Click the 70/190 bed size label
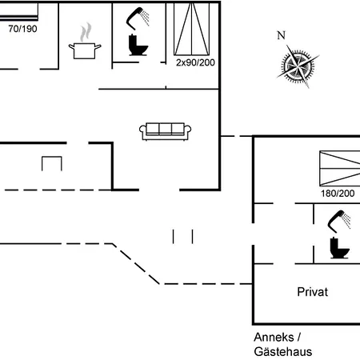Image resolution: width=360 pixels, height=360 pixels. (x=22, y=29)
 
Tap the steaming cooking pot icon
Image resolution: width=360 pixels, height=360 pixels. (x=85, y=42)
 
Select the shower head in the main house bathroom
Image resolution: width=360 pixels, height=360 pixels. (x=138, y=18)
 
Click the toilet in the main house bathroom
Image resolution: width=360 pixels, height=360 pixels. (x=138, y=45)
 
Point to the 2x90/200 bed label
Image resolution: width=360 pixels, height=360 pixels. (x=195, y=62)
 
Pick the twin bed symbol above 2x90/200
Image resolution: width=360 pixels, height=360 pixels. (x=192, y=29)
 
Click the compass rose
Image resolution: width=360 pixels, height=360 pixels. (x=298, y=66)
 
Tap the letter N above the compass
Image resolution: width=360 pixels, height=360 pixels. (x=282, y=35)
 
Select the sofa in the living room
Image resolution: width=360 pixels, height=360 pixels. (x=165, y=131)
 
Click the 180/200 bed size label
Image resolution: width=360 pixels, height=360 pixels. (x=338, y=194)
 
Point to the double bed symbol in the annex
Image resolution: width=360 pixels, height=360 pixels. (x=340, y=169)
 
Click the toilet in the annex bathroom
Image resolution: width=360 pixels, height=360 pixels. (x=339, y=248)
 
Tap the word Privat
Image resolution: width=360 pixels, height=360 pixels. (x=313, y=292)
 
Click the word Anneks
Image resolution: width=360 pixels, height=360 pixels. (x=274, y=337)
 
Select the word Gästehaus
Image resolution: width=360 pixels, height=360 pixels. (x=283, y=351)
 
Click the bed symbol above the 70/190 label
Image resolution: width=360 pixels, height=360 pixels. (x=19, y=11)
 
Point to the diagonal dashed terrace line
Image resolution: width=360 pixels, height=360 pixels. (x=136, y=264)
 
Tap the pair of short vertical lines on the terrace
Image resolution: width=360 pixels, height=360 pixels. (x=182, y=237)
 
